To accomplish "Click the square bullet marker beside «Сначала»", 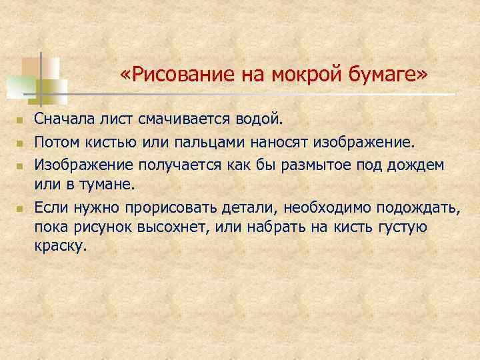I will (20, 121).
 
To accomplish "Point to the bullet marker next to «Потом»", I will (20, 143).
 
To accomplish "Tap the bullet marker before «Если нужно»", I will (20, 209).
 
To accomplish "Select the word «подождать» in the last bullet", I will (417, 207).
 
